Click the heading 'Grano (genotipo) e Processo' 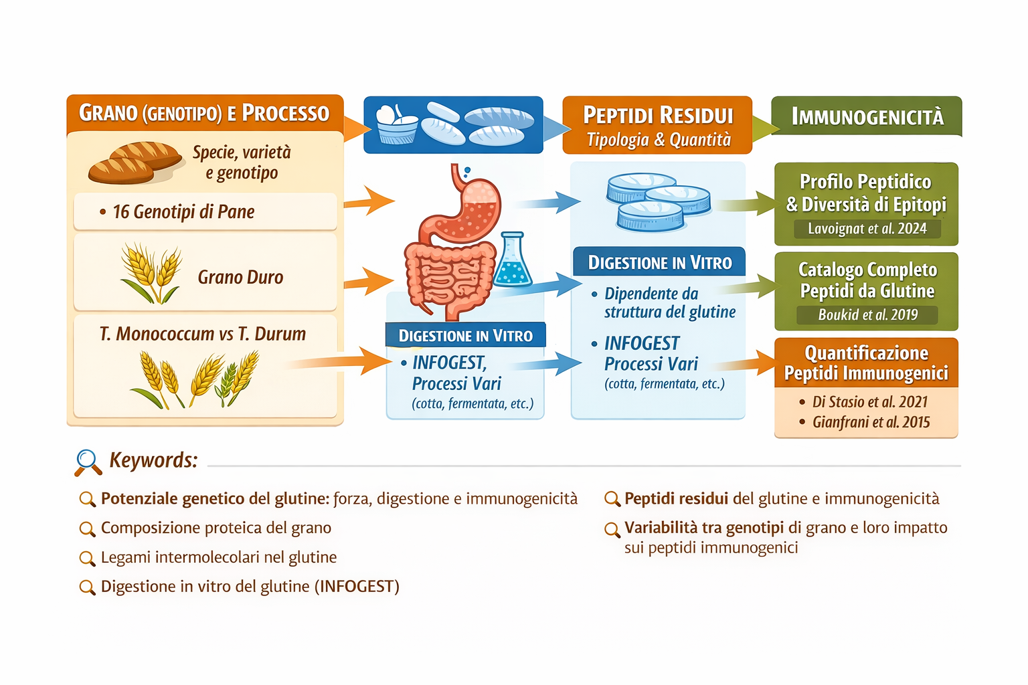click(x=204, y=113)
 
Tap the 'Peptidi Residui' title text click(x=658, y=115)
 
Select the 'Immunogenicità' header click(x=867, y=117)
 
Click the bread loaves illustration click(x=135, y=163)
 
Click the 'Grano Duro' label click(x=240, y=277)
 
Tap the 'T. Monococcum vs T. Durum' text click(x=203, y=334)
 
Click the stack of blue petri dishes click(x=657, y=201)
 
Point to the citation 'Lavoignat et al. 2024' click(x=867, y=229)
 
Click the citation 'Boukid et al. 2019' click(x=867, y=315)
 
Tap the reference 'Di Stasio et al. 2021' click(x=869, y=402)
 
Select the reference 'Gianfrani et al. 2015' click(x=871, y=422)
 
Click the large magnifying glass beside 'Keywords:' click(x=88, y=462)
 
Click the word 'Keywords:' click(x=153, y=460)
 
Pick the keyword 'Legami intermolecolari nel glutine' click(x=218, y=557)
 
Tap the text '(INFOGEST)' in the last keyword click(x=358, y=587)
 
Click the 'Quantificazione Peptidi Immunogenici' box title click(x=866, y=363)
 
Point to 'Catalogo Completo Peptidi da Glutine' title click(x=867, y=280)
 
